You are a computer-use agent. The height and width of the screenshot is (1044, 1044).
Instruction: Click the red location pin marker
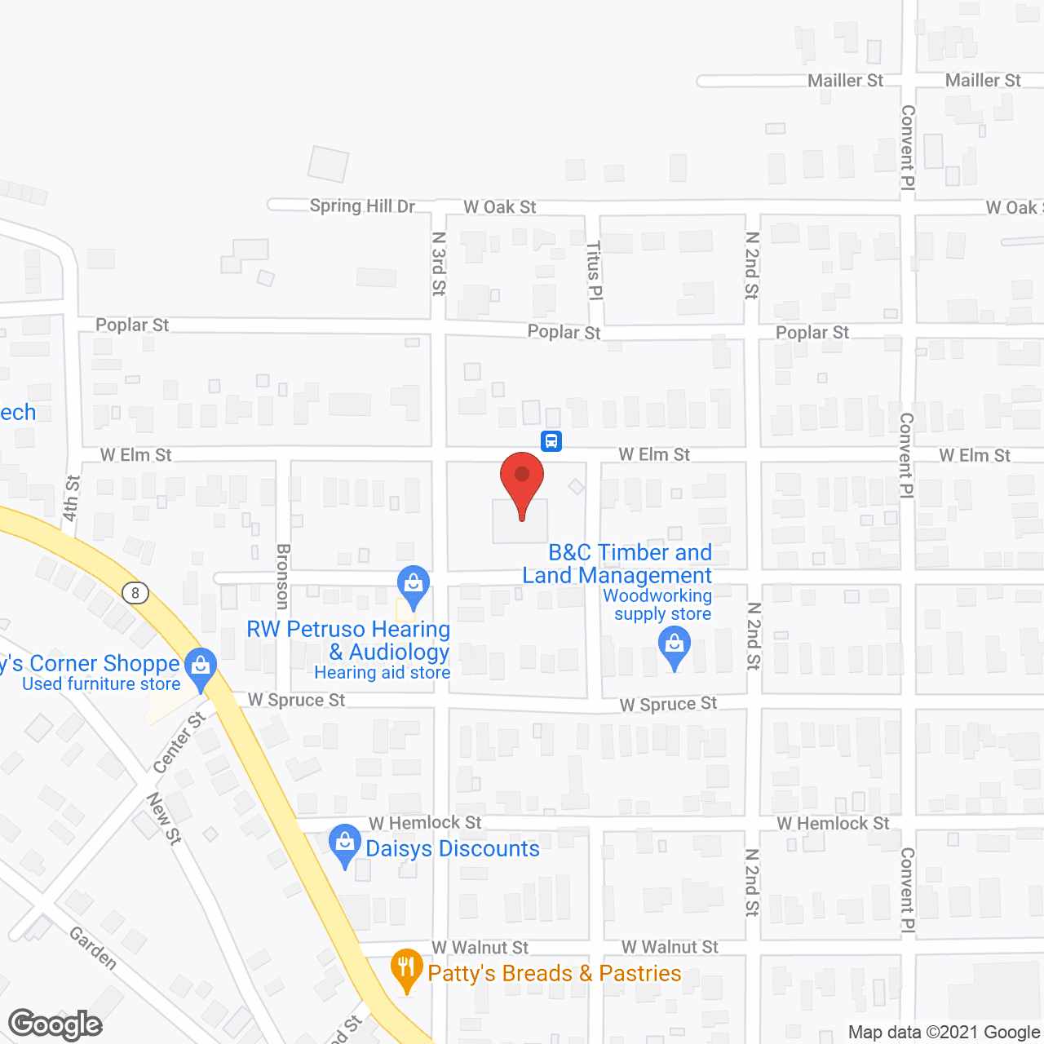click(522, 481)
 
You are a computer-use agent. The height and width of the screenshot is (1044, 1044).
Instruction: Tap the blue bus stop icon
click(551, 441)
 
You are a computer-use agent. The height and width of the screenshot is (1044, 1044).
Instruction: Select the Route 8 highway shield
click(135, 593)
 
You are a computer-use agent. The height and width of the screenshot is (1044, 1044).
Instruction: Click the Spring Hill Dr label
click(362, 206)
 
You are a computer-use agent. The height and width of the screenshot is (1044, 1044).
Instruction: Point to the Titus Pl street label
click(595, 270)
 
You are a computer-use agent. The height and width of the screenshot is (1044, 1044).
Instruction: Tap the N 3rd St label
click(439, 263)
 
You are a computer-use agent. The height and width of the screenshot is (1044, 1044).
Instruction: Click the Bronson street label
click(283, 577)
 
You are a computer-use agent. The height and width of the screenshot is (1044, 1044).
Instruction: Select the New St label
click(164, 818)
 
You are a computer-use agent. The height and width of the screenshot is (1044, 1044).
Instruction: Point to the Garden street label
click(93, 948)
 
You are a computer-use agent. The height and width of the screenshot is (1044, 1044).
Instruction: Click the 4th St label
click(72, 498)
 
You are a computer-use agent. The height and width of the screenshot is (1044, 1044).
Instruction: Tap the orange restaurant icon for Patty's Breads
click(406, 968)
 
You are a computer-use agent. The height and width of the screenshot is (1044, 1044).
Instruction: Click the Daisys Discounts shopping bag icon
click(344, 843)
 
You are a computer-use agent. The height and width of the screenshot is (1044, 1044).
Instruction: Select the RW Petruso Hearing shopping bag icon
click(414, 584)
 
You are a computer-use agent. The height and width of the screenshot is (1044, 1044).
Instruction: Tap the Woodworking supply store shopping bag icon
click(675, 645)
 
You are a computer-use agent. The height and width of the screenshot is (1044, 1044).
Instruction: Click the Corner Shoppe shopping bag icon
click(201, 666)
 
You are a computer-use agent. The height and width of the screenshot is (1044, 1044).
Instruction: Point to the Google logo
click(55, 1024)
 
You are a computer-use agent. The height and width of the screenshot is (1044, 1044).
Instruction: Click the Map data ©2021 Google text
click(944, 1033)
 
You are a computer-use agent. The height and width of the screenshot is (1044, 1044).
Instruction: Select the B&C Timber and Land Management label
click(617, 564)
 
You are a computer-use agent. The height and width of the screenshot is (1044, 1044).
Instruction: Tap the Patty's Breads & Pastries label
click(555, 973)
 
